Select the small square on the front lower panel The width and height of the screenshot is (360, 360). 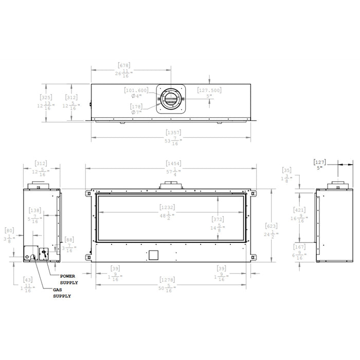click(x=153, y=255)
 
